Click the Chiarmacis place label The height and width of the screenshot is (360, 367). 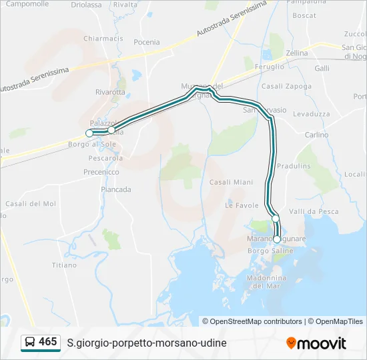click(x=103, y=39)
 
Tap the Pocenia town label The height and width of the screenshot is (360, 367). click(x=147, y=41)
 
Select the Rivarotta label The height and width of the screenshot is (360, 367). click(x=110, y=92)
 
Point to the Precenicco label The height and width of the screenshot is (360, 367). click(x=101, y=171)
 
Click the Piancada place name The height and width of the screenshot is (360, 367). click(x=116, y=189)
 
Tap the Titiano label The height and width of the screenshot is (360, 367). click(x=65, y=265)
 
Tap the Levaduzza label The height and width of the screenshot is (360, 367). click(x=311, y=114)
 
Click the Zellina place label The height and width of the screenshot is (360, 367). click(x=297, y=53)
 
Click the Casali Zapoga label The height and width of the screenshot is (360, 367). click(x=287, y=86)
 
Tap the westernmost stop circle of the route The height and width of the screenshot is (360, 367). click(x=89, y=133)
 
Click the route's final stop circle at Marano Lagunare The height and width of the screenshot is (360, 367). click(x=277, y=239)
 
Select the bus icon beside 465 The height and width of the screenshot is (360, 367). click(x=30, y=343)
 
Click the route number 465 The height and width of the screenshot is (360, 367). click(x=48, y=342)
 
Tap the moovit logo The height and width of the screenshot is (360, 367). click(x=316, y=343)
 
